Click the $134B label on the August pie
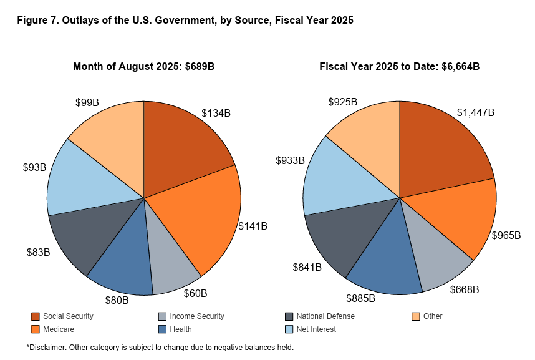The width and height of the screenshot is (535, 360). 216,113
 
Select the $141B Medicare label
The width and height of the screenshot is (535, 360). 253,226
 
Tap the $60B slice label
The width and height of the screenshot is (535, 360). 196,293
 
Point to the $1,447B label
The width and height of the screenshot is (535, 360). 476,112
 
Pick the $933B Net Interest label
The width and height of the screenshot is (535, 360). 290,160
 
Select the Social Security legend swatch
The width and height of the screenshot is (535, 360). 36,316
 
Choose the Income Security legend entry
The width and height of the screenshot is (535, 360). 196,316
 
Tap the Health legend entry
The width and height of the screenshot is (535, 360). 180,329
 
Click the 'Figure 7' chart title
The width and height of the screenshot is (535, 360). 185,21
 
